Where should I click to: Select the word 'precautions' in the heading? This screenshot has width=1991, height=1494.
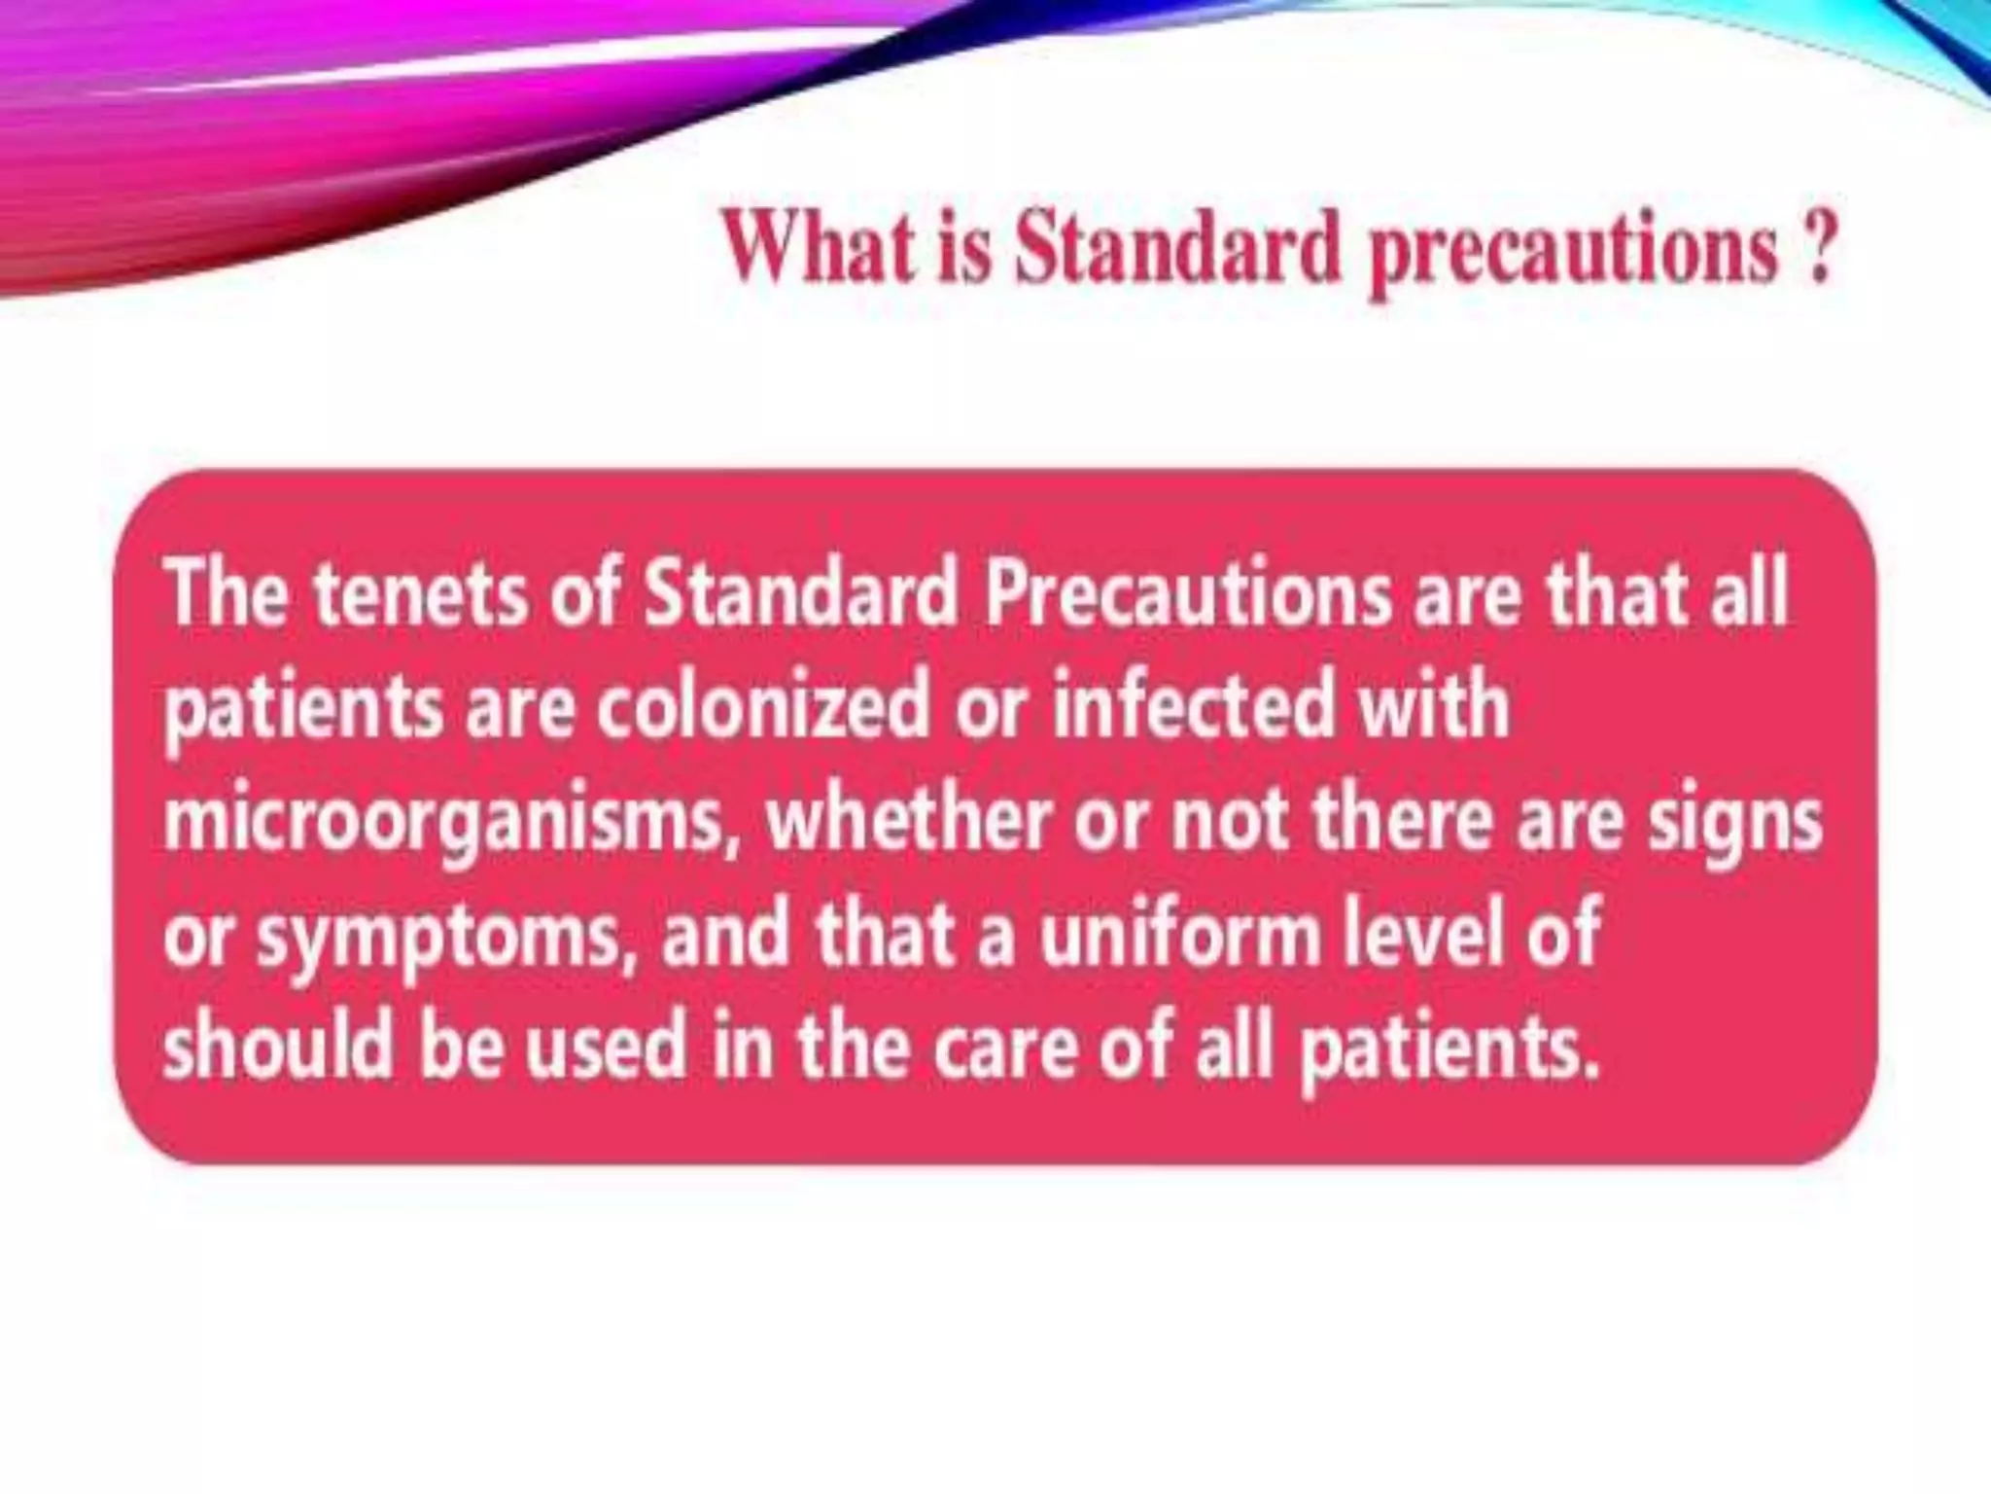(x=1573, y=255)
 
